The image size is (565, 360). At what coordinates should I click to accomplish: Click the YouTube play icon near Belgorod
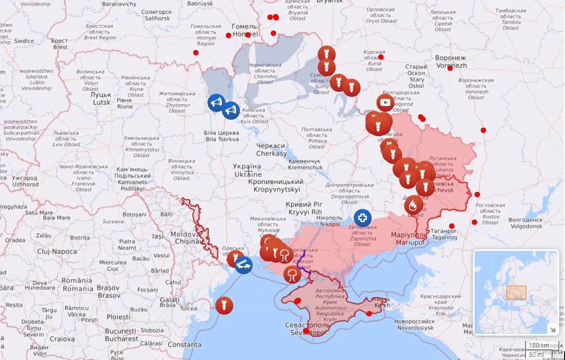tap(385, 103)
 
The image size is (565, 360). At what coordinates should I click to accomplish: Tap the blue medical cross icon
tap(362, 218)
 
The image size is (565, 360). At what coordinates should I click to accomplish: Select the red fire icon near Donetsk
tap(413, 205)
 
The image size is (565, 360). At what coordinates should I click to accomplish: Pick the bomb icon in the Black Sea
tap(224, 305)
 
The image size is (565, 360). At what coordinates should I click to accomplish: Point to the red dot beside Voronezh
tap(450, 68)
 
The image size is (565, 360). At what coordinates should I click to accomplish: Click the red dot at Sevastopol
tap(306, 331)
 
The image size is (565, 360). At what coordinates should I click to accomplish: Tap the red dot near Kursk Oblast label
tap(381, 57)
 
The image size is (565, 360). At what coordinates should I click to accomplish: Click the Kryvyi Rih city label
tap(304, 208)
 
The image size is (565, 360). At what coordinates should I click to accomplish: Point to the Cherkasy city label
tap(271, 149)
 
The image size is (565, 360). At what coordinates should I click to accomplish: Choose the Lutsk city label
tap(101, 98)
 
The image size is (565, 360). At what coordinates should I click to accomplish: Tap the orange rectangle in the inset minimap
tap(516, 292)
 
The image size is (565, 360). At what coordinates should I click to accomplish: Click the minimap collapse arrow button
tap(552, 329)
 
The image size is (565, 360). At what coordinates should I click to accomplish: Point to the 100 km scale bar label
tap(539, 345)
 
